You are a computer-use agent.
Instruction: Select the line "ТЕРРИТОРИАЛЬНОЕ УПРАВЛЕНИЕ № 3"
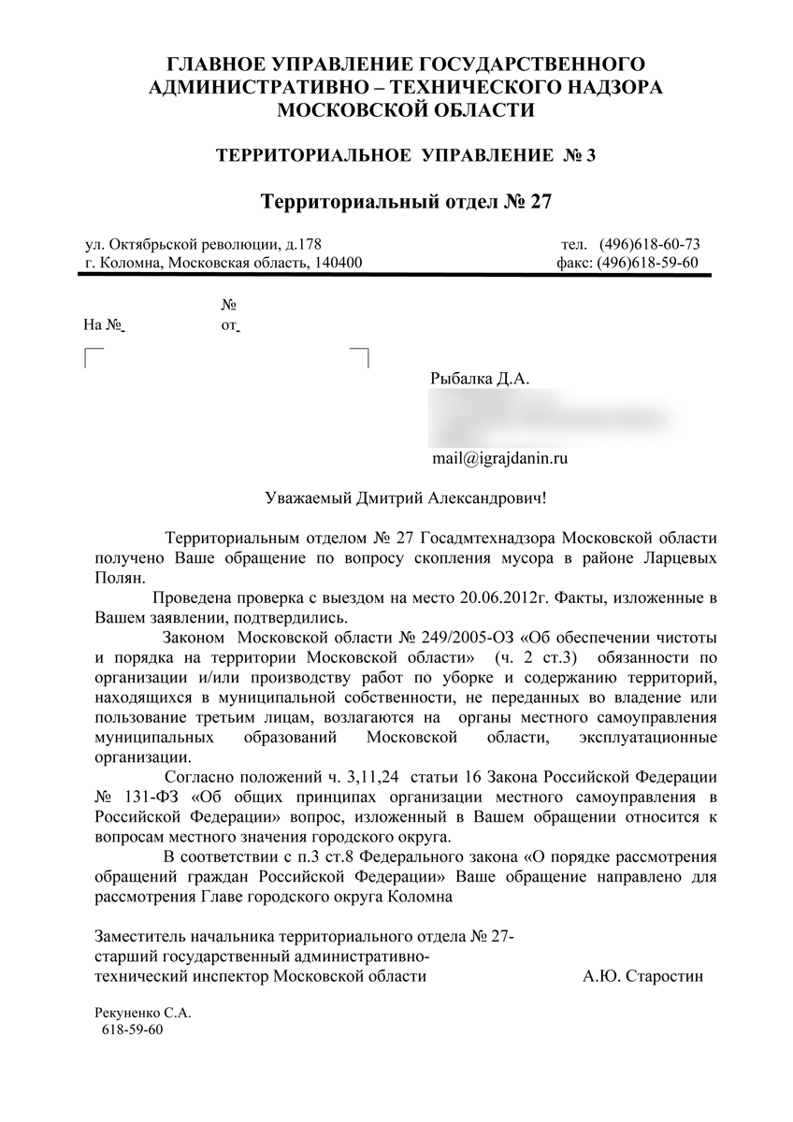coord(406,155)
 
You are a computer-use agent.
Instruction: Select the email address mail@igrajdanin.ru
coord(500,458)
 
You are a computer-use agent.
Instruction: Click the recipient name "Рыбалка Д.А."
coord(480,380)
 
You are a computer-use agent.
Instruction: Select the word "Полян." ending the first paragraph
coord(121,577)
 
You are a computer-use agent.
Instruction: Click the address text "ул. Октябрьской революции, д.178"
coord(202,245)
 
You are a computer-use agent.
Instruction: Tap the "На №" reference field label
coord(104,325)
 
